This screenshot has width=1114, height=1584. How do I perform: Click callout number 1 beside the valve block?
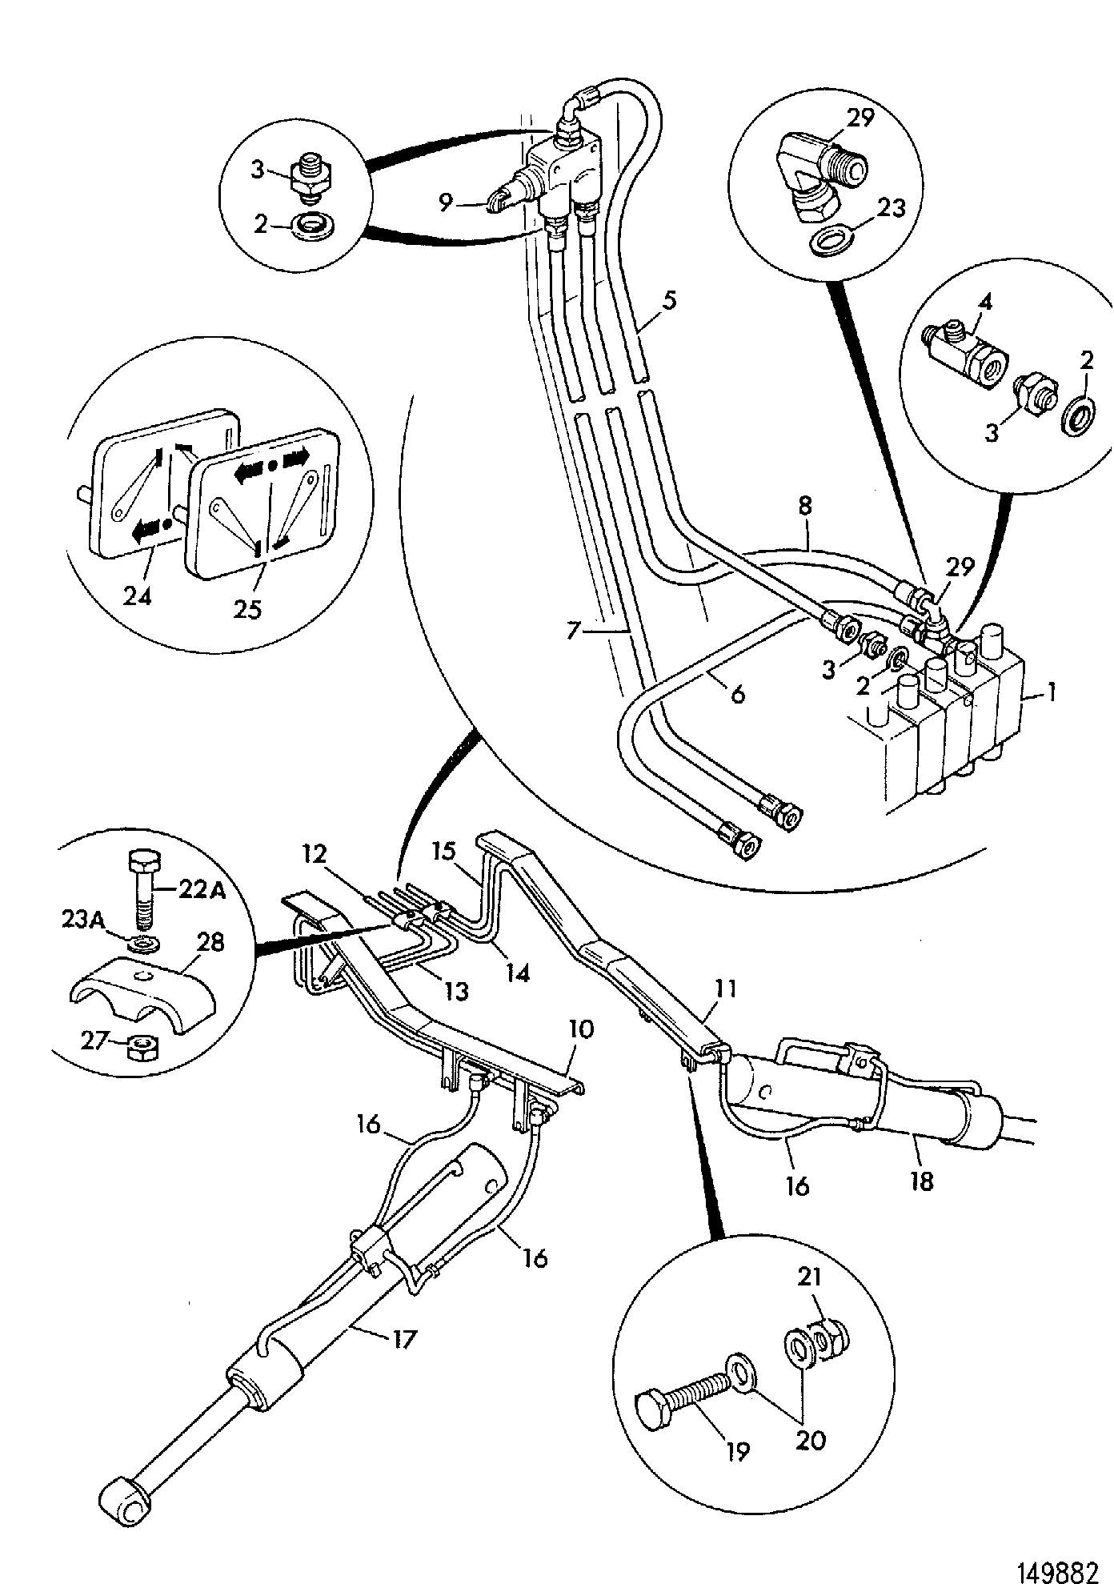pyautogui.click(x=1052, y=692)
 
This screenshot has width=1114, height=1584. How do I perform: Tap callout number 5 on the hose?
pyautogui.click(x=668, y=302)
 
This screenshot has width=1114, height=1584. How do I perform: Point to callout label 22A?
pyautogui.click(x=201, y=890)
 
